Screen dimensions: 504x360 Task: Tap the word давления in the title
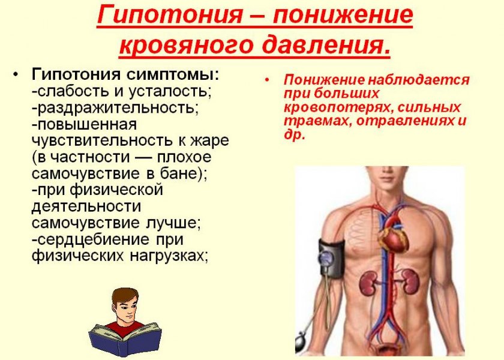[x=326, y=45]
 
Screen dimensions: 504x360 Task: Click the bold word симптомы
[x=173, y=76]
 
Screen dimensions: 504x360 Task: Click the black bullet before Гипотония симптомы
[x=16, y=75]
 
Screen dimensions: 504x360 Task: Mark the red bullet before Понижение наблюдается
[x=267, y=79]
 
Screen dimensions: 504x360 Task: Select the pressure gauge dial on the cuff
[x=326, y=258]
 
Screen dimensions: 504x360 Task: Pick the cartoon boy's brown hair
[x=124, y=295]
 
